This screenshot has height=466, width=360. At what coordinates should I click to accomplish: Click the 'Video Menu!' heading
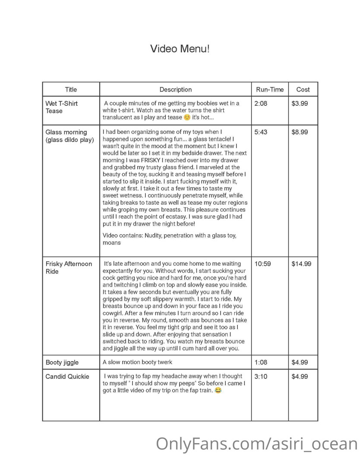coord(180,48)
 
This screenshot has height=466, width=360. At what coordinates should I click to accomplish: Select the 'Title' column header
coord(71,90)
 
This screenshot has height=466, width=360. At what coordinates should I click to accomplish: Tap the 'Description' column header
coord(175,90)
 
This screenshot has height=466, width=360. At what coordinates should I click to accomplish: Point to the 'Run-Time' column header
coord(270,90)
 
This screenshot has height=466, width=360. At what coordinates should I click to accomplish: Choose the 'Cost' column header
coord(303,90)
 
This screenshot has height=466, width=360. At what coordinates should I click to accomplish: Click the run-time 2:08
coord(261,104)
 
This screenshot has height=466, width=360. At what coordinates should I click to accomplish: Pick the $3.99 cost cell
coord(300,104)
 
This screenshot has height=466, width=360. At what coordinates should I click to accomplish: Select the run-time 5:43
coord(261,132)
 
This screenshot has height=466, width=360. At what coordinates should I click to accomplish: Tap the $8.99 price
coord(300,132)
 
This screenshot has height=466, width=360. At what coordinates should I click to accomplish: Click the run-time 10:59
coord(262,264)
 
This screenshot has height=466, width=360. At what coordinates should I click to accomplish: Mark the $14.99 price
coord(301,264)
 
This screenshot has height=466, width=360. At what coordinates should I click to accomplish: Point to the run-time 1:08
coord(261,362)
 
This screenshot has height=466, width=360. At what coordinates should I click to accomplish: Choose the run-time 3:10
coord(261,376)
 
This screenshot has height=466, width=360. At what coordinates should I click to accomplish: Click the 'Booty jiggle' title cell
coord(62,362)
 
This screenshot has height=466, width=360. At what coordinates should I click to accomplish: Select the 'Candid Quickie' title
coord(67,376)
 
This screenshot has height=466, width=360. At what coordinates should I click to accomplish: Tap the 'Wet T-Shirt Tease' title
coord(61,107)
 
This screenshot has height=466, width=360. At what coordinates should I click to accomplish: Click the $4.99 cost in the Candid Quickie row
coord(300,376)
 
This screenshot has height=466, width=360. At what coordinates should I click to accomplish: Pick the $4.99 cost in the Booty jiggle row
coord(300,362)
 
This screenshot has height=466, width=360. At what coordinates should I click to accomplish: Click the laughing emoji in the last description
coord(218,390)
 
